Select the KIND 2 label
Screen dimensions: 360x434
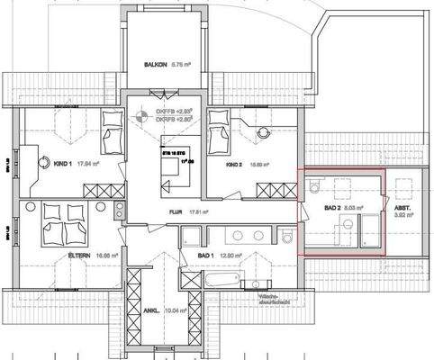234,166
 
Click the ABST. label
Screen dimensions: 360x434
402,209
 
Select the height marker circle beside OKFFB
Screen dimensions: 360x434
140,114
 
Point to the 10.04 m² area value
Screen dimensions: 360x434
176,310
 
